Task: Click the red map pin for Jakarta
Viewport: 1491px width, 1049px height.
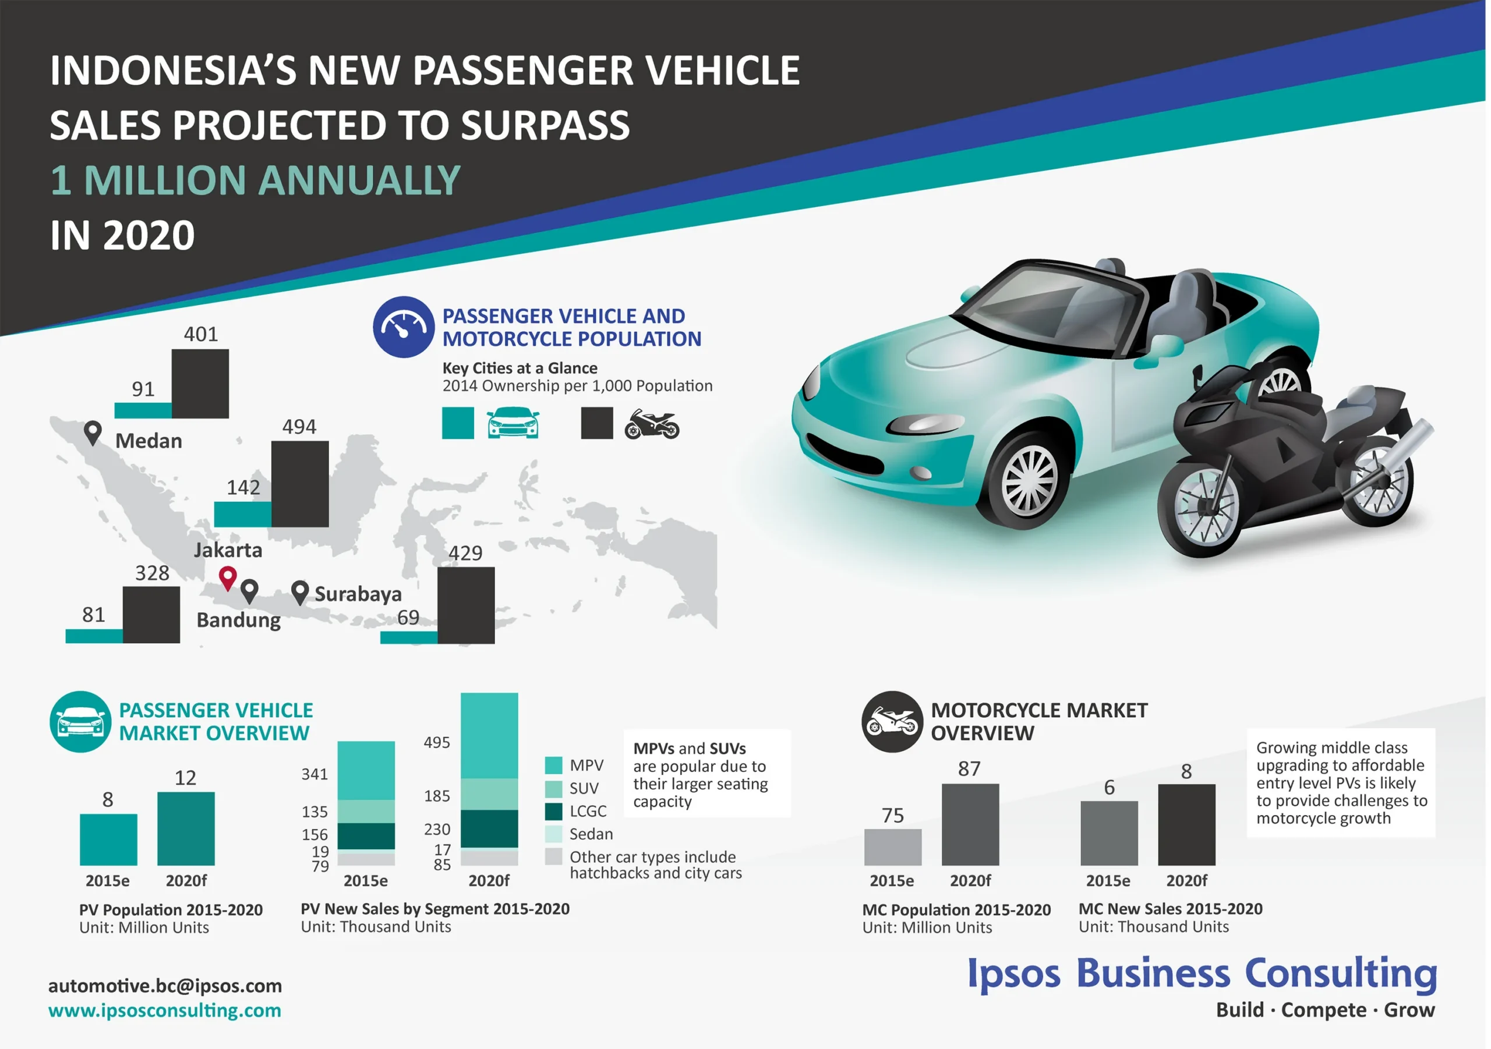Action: click(x=227, y=576)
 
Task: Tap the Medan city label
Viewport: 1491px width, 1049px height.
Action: click(x=149, y=441)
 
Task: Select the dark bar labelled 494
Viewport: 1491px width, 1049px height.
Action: click(x=300, y=484)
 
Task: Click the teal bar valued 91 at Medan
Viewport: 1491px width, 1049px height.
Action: click(x=143, y=410)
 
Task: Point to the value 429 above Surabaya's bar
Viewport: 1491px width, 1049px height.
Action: click(x=465, y=553)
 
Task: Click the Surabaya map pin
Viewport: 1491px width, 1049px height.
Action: click(x=299, y=591)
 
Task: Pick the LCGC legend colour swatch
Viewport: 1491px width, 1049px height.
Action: click(x=553, y=811)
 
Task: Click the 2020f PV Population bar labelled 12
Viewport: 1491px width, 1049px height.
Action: click(x=186, y=828)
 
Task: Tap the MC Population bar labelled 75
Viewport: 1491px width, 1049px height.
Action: click(x=893, y=846)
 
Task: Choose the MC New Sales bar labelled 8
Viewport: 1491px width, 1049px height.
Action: click(x=1186, y=824)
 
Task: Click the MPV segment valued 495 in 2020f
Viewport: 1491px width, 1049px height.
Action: click(x=489, y=735)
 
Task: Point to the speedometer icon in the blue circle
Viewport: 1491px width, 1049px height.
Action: click(x=403, y=327)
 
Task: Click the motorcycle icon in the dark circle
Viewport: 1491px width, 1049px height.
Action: click(x=892, y=722)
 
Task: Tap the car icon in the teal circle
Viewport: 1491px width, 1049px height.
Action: click(x=80, y=722)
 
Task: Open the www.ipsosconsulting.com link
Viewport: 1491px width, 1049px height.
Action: click(x=164, y=1011)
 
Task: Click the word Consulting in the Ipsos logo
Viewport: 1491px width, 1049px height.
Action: click(x=1340, y=974)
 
